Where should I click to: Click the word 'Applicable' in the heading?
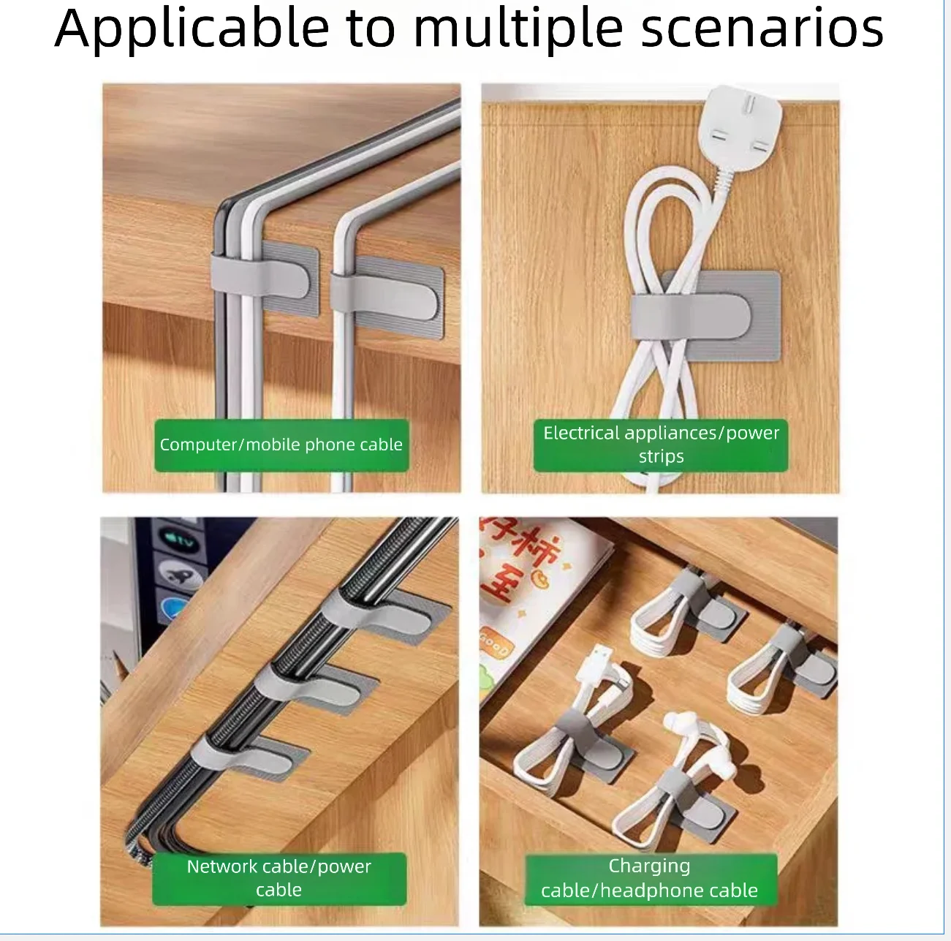click(x=192, y=29)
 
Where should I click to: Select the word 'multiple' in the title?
click(x=518, y=29)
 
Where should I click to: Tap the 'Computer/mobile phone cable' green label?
click(x=281, y=445)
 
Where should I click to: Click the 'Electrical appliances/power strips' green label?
click(x=661, y=445)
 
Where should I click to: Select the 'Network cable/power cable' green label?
click(x=279, y=879)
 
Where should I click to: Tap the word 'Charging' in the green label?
click(x=649, y=866)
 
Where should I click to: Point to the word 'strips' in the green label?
click(x=661, y=457)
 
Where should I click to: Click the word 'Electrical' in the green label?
click(x=581, y=433)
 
